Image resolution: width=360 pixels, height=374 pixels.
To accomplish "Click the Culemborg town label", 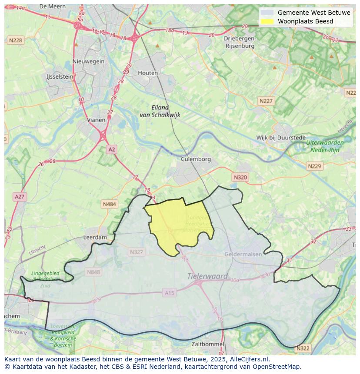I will [196, 159].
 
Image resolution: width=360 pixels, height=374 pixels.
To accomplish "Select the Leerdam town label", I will [95, 238].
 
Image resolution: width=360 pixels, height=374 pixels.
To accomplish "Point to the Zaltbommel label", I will [208, 344].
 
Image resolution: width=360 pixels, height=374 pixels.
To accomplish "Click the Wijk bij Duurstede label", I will [281, 138].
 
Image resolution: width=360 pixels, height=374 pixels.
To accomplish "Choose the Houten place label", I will [148, 73].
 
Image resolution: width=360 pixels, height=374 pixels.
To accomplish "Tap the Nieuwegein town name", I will [89, 61].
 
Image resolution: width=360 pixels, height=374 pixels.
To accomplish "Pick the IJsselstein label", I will [60, 76].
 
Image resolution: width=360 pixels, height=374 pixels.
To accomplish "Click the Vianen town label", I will [96, 120].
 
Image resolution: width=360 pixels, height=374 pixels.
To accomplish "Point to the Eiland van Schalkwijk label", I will [160, 111].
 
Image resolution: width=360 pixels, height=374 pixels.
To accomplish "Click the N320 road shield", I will [240, 177].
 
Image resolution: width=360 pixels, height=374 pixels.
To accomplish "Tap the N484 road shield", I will [110, 204].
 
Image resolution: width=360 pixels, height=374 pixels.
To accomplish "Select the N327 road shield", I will [136, 252].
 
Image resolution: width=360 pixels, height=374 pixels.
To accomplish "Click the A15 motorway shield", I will [170, 293].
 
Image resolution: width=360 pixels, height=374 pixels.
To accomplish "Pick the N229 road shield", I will [314, 166].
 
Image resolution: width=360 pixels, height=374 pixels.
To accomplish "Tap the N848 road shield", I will [93, 272].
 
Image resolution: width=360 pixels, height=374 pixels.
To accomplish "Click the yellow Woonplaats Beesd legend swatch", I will [267, 21].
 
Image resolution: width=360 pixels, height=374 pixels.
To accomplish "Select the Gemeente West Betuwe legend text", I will [314, 13].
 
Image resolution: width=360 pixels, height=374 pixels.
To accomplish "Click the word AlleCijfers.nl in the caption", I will [249, 359].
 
